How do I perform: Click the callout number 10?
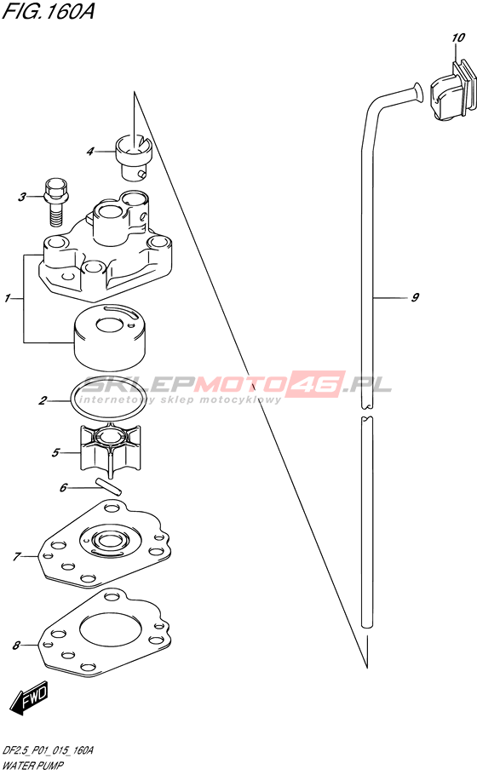coord(458,37)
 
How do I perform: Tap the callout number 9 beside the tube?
coord(415,297)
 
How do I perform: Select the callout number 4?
coord(89,152)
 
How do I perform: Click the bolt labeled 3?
coord(56,199)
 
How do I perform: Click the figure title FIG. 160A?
coord(48,10)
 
